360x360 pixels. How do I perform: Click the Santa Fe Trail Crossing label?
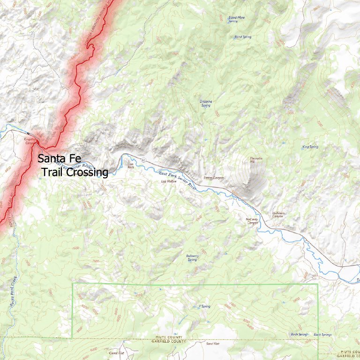(x=73, y=165)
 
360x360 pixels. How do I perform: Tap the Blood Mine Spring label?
(x=236, y=19)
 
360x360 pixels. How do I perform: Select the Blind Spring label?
(x=243, y=37)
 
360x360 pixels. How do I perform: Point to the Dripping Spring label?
(x=206, y=103)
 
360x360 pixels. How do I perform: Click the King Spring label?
(x=310, y=147)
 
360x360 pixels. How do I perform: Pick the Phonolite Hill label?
(x=256, y=160)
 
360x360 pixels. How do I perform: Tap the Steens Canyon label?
(x=214, y=178)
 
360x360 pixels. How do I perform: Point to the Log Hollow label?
(x=168, y=181)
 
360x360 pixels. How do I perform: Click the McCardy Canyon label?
(x=252, y=221)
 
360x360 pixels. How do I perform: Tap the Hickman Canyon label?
(x=278, y=215)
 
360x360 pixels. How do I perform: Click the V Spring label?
(x=204, y=307)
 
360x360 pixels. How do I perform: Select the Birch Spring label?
(x=299, y=334)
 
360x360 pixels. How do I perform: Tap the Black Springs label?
(x=322, y=334)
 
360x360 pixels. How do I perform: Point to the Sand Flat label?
(x=213, y=344)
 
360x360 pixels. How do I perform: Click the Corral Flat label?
(x=116, y=353)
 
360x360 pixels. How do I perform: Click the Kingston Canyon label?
(x=30, y=140)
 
